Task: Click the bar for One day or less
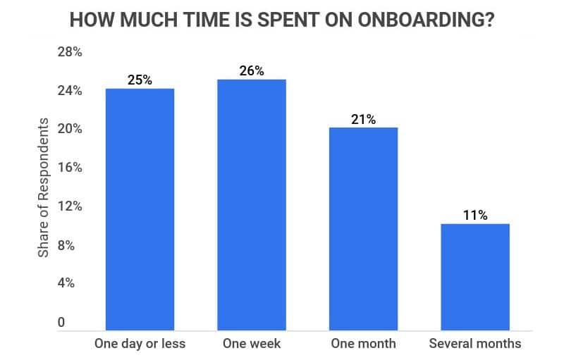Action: pyautogui.click(x=140, y=209)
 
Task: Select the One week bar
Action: pyautogui.click(x=252, y=204)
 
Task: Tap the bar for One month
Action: pyautogui.click(x=363, y=228)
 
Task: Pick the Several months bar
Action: pyautogui.click(x=475, y=276)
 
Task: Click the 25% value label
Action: pyautogui.click(x=140, y=80)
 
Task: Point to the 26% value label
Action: pyautogui.click(x=252, y=70)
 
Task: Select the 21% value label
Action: pyautogui.click(x=363, y=119)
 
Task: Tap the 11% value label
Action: pyautogui.click(x=475, y=215)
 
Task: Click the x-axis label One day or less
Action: pyautogui.click(x=140, y=344)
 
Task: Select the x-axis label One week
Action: pyautogui.click(x=252, y=344)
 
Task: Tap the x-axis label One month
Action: pyautogui.click(x=363, y=344)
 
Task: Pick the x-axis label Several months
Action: pyautogui.click(x=475, y=344)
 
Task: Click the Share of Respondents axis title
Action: pyautogui.click(x=44, y=187)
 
